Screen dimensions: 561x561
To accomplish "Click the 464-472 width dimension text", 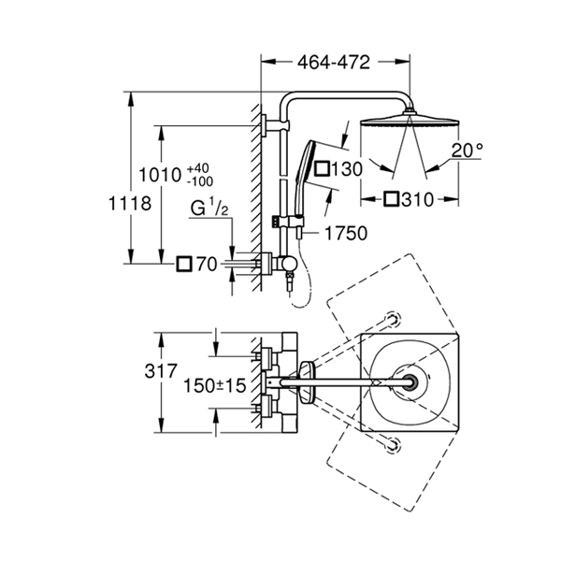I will point(334,63).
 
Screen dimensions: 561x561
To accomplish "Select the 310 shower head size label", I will point(422,198).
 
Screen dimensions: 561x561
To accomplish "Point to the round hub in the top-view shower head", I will point(410,382).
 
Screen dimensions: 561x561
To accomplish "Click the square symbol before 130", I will point(323,169).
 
